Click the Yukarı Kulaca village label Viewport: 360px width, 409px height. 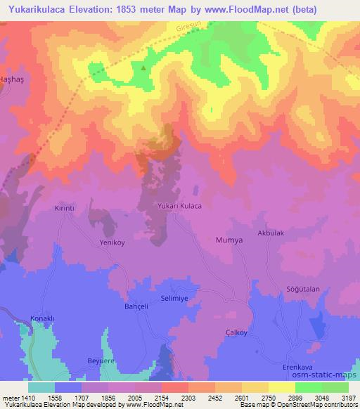(x=179, y=206)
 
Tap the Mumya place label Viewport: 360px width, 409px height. (x=229, y=240)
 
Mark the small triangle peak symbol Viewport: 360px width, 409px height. (x=144, y=68)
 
